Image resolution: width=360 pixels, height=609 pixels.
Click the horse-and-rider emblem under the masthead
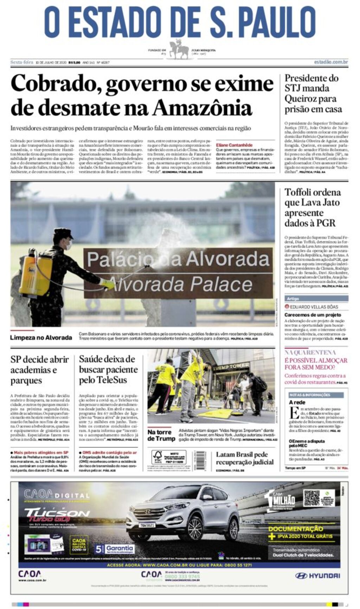pyautogui.click(x=179, y=50)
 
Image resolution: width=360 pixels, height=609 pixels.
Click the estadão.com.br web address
pyautogui.click(x=331, y=62)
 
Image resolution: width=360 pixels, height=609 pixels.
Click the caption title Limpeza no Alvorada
pyautogui.click(x=41, y=337)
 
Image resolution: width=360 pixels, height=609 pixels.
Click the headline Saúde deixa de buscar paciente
pyautogui.click(x=108, y=369)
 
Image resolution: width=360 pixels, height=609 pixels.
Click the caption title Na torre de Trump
pyautogui.click(x=161, y=435)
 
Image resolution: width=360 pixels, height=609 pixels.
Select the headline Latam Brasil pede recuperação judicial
pyautogui.click(x=245, y=458)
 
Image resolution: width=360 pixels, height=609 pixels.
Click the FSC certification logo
pyautogui.click(x=157, y=457)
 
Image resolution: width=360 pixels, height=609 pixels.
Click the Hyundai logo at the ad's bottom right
pyautogui.click(x=317, y=576)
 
